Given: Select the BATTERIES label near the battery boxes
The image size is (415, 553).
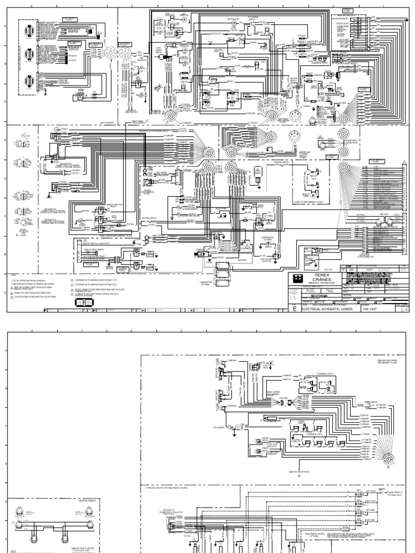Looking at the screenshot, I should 239,259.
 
